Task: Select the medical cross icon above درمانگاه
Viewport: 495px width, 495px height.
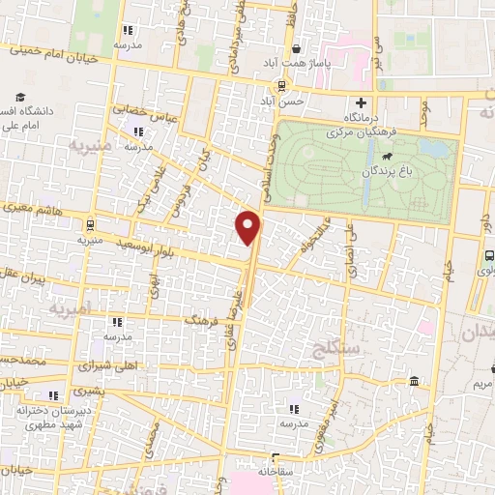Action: click(363, 102)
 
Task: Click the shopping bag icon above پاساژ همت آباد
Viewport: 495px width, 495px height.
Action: click(295, 46)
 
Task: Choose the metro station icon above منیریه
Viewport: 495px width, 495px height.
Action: click(90, 221)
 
